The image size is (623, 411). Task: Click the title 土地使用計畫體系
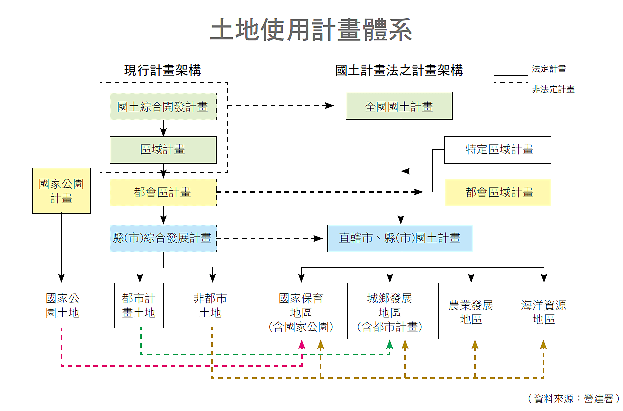(x=311, y=30)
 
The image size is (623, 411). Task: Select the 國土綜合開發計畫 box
(x=163, y=106)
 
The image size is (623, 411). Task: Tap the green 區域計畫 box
(x=163, y=150)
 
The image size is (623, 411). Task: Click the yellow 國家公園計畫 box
(x=61, y=191)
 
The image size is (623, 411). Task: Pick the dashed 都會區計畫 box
(x=163, y=192)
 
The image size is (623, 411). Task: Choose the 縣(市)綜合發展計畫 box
(x=163, y=238)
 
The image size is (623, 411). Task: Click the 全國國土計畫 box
(x=399, y=106)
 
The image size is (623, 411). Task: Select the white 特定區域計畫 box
(x=497, y=150)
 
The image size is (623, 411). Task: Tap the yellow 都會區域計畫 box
(x=497, y=192)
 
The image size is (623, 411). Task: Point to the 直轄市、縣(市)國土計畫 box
(x=400, y=238)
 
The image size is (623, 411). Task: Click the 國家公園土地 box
(x=62, y=305)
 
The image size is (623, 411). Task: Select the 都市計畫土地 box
(x=139, y=305)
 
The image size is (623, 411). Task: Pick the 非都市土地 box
(x=211, y=305)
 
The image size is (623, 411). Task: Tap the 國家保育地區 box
(x=300, y=311)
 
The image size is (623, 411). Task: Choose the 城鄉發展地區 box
(x=389, y=311)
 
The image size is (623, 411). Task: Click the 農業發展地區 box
(x=471, y=311)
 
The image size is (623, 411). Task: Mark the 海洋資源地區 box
(x=544, y=311)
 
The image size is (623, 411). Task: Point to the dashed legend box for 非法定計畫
(x=510, y=89)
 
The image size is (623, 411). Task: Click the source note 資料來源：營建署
(x=573, y=399)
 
